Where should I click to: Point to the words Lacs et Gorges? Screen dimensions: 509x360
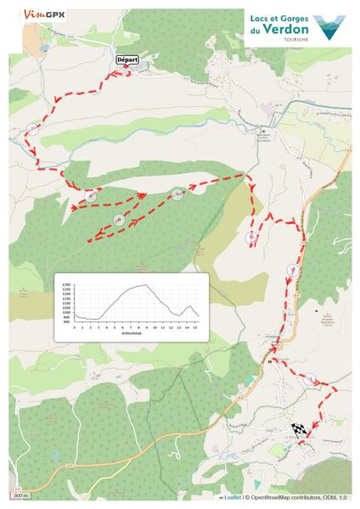[276, 16]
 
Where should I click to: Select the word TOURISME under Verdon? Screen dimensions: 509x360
[293, 39]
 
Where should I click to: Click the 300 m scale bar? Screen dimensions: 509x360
[20, 495]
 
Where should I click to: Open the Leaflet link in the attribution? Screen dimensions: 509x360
[232, 497]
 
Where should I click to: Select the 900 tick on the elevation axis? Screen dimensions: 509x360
[66, 322]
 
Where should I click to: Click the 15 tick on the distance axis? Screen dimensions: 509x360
[196, 327]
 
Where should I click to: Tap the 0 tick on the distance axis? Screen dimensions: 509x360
[75, 327]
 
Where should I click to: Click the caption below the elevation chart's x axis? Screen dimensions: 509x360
[135, 333]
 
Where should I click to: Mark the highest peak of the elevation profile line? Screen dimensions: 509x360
[146, 285]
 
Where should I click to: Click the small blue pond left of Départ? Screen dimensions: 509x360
[41, 48]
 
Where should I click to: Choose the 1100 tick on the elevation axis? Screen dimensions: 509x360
[66, 304]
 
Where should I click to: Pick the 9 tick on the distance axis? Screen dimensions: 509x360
[148, 327]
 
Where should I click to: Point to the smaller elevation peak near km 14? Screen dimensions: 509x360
[189, 306]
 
